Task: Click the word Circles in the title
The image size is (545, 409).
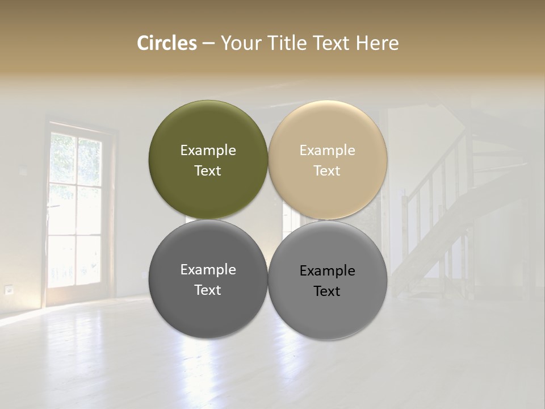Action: pos(167,43)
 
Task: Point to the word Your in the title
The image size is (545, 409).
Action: pos(241,43)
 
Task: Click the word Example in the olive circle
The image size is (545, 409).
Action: pos(208,150)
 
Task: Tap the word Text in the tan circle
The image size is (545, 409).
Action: pos(327,171)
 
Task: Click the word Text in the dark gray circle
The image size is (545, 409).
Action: pos(208,290)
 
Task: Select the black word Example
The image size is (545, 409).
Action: pos(327,270)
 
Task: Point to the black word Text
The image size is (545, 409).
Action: pos(327,291)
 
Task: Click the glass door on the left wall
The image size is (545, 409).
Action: pos(75,210)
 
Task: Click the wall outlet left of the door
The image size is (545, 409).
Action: pos(9,290)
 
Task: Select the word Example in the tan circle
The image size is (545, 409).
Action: pos(327,150)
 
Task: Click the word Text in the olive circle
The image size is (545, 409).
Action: pos(208,171)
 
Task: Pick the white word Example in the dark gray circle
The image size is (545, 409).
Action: pos(208,269)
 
